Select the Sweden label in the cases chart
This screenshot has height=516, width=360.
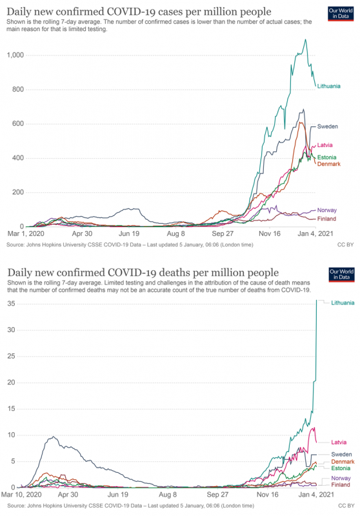click(330, 126)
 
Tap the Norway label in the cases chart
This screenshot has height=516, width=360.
click(330, 210)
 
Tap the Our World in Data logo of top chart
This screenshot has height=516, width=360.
click(341, 14)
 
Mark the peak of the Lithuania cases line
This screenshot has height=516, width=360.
click(305, 39)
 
